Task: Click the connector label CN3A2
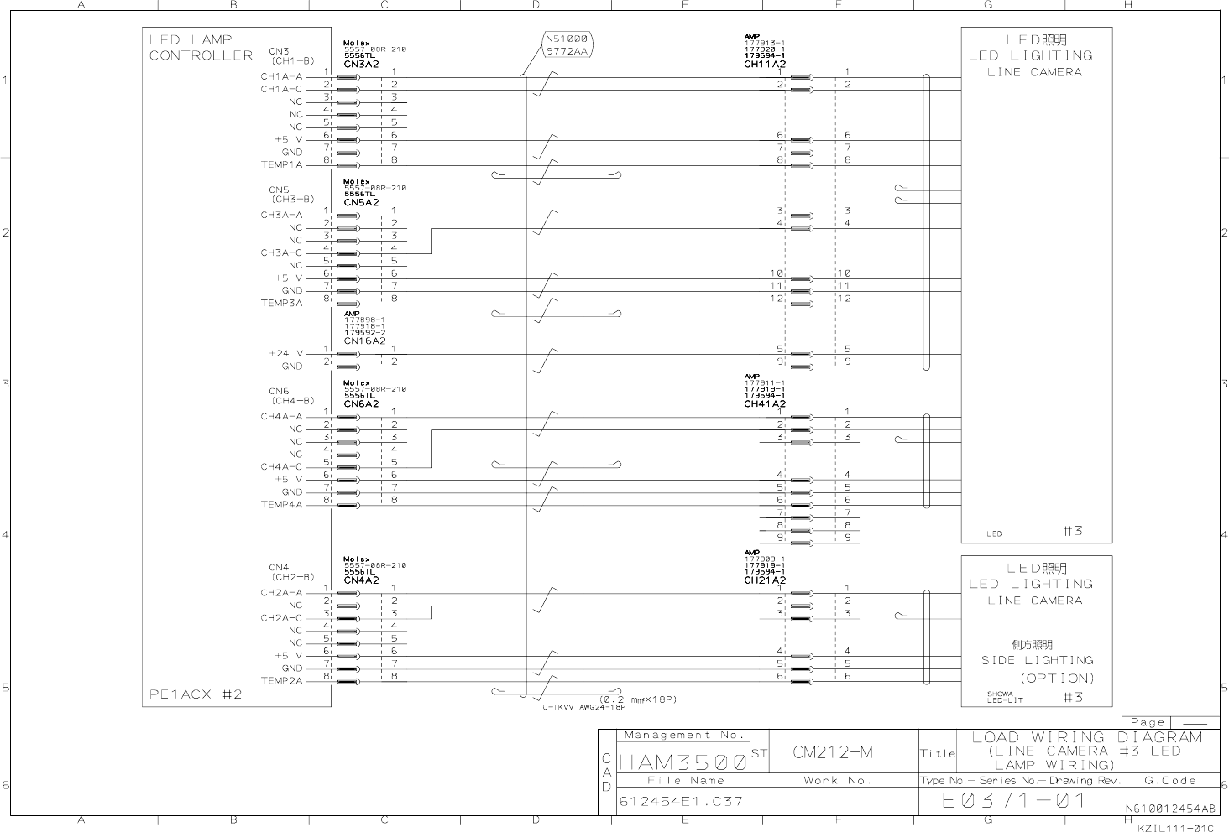click(x=361, y=64)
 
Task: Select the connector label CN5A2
click(x=361, y=202)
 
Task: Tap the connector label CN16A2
click(x=364, y=341)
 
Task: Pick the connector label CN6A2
click(x=361, y=403)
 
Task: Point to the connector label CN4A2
click(x=361, y=580)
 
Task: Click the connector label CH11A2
click(x=764, y=64)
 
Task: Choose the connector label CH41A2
click(x=764, y=403)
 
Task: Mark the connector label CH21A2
click(x=764, y=580)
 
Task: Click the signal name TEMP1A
click(x=281, y=165)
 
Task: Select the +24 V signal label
click(x=285, y=353)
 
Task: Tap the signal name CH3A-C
click(x=281, y=252)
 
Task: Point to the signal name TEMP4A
click(x=281, y=505)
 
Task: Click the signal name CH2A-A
click(x=281, y=593)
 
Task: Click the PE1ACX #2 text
click(x=196, y=694)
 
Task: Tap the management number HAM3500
click(x=682, y=762)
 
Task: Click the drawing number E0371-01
click(x=1014, y=800)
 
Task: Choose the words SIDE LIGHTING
click(x=1037, y=660)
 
